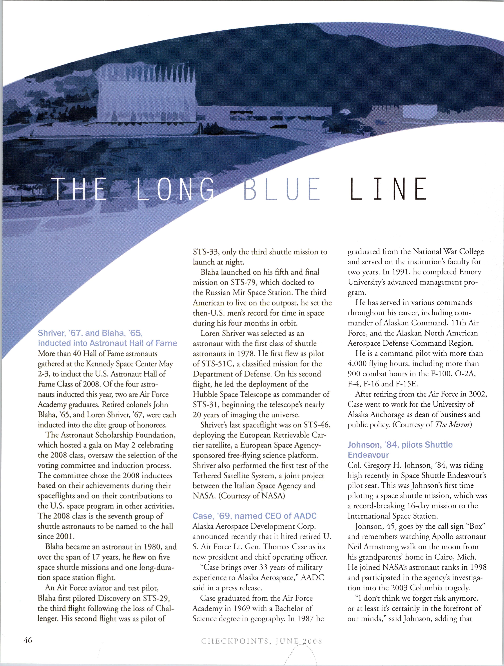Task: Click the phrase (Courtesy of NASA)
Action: pos(252,496)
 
